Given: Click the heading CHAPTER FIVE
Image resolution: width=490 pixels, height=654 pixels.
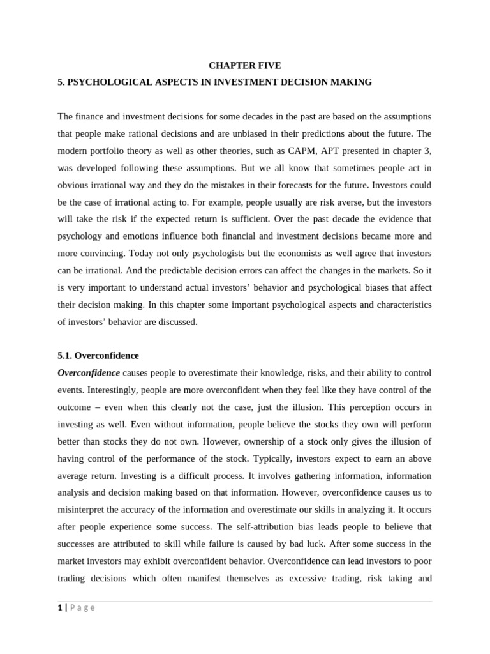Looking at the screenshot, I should [245, 65].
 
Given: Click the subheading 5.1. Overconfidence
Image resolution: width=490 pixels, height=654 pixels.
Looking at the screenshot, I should [98, 356].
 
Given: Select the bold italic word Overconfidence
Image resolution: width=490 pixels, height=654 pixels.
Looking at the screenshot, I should [89, 373].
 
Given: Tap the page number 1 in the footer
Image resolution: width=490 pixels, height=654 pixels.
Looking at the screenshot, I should [60, 608].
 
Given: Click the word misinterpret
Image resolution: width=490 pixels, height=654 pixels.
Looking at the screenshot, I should [84, 510].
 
